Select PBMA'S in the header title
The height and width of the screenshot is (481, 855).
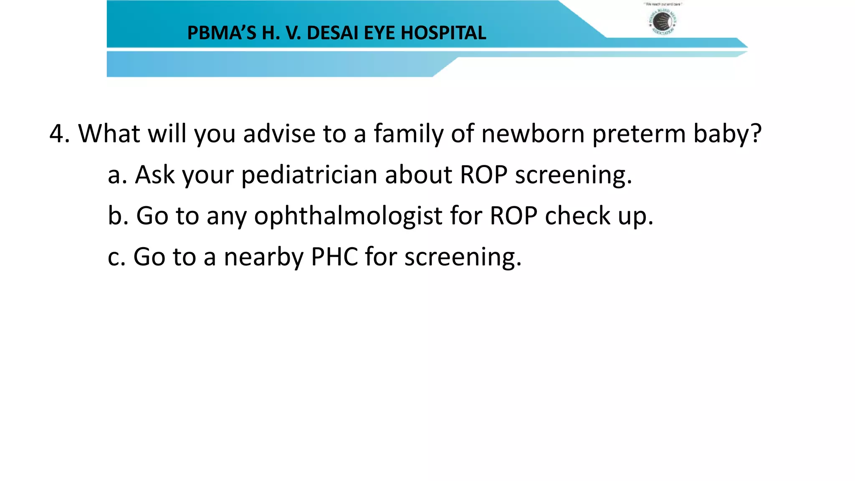[221, 33]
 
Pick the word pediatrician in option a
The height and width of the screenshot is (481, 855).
[309, 175]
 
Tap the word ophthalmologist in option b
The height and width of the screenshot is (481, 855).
[348, 217]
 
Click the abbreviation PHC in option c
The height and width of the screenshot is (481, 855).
[334, 257]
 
